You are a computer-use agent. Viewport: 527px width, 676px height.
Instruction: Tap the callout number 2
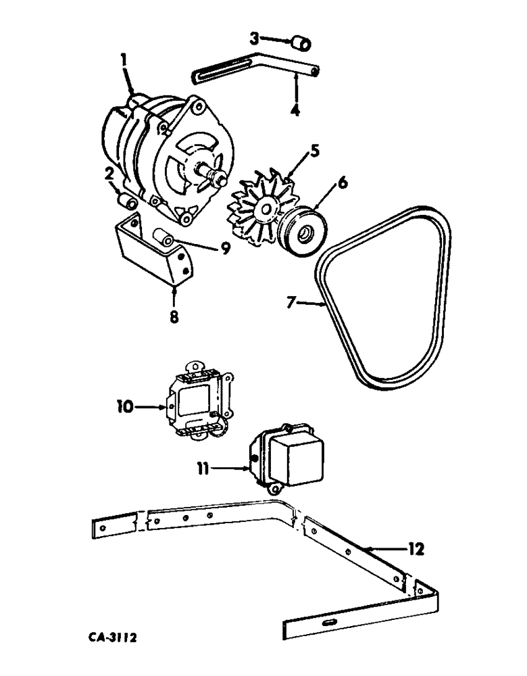(108, 174)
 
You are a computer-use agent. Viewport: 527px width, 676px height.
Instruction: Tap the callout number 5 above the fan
(296, 151)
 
